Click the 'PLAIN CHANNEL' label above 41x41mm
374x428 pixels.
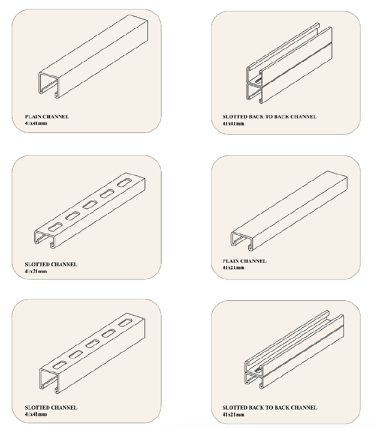click(x=47, y=117)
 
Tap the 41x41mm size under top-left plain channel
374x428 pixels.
click(x=36, y=124)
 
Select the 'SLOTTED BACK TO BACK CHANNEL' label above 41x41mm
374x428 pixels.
click(x=270, y=117)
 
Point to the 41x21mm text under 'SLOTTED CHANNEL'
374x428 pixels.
click(x=36, y=271)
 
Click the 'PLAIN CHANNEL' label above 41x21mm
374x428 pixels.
click(x=245, y=261)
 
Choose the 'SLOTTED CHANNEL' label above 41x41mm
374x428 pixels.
click(x=51, y=408)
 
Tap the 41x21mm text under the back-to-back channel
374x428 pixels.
click(x=233, y=415)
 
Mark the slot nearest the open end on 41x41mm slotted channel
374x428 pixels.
click(x=60, y=365)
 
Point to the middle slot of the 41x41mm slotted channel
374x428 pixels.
click(x=92, y=343)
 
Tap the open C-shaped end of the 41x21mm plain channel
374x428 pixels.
click(x=232, y=240)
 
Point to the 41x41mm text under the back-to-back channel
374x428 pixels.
click(x=233, y=124)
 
